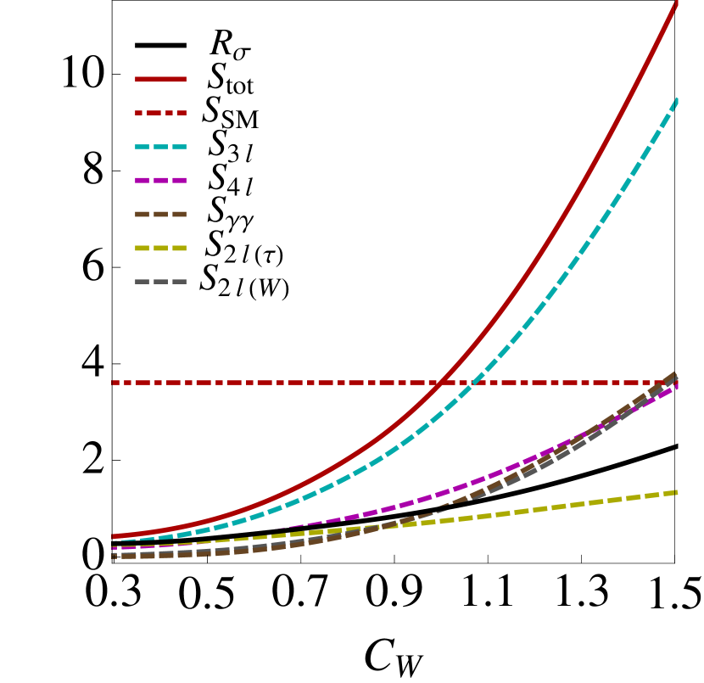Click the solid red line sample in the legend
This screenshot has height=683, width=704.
click(160, 79)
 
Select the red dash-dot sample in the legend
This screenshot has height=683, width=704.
click(160, 113)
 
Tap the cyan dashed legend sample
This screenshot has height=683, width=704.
click(160, 147)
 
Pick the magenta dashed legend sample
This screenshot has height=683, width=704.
click(160, 181)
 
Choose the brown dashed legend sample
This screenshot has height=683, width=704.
click(160, 215)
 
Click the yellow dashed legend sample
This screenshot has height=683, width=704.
click(160, 249)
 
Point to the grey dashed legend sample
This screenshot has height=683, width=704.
click(160, 282)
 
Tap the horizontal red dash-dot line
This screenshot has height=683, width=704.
click(254, 383)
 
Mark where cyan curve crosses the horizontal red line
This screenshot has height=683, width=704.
click(472, 383)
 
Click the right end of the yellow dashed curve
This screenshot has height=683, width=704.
click(676, 492)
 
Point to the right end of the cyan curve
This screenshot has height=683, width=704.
click(677, 101)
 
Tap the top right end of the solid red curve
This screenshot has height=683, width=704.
click(677, 4)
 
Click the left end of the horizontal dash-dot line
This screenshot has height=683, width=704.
click(114, 383)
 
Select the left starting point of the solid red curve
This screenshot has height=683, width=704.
click(114, 536)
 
